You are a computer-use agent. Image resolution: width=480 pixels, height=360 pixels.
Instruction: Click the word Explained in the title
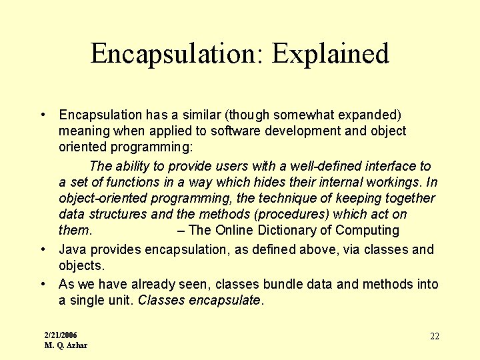pyautogui.click(x=331, y=54)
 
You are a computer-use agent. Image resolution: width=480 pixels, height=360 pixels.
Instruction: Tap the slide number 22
pyautogui.click(x=434, y=336)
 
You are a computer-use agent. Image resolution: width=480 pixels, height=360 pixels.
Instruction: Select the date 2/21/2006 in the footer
pyautogui.click(x=61, y=335)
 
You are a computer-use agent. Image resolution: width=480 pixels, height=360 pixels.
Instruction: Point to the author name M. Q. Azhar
pyautogui.click(x=65, y=345)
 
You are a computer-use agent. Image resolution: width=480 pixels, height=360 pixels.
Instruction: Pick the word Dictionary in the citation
pyautogui.click(x=301, y=231)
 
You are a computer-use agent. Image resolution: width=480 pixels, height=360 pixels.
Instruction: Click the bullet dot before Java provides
pyautogui.click(x=42, y=249)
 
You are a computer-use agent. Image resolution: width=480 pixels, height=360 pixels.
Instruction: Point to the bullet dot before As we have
pyautogui.click(x=42, y=284)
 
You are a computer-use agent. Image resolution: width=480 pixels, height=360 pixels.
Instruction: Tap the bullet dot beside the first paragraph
pyautogui.click(x=42, y=115)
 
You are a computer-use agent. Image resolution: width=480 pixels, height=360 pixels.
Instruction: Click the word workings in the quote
pyautogui.click(x=393, y=182)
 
